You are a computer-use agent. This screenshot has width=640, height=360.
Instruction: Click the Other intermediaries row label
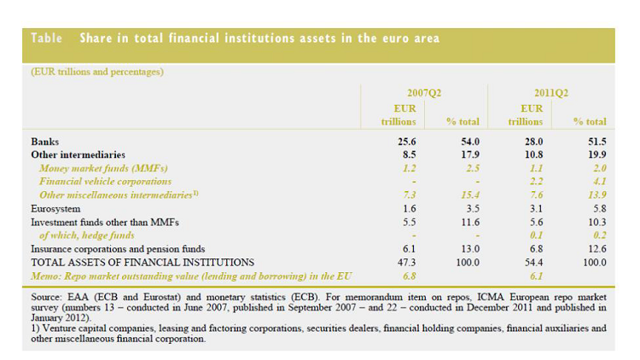[x=78, y=155]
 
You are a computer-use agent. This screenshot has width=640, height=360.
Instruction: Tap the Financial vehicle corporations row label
[x=106, y=181]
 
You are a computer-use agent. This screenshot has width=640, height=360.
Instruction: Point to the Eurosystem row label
[x=56, y=207]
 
